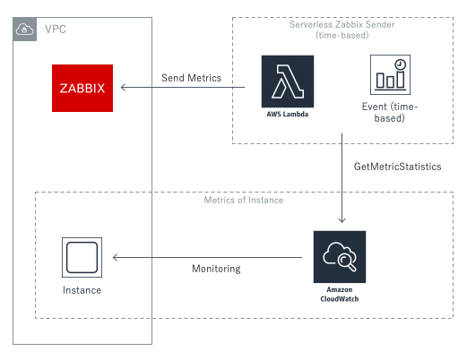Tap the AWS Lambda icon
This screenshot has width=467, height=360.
click(x=288, y=81)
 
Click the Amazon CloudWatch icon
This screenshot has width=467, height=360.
click(x=340, y=256)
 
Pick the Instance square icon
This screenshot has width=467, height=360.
click(x=81, y=258)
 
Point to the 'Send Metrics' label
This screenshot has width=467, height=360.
click(x=191, y=79)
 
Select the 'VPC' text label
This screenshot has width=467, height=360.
click(x=55, y=30)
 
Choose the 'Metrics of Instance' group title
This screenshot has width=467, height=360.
click(x=243, y=200)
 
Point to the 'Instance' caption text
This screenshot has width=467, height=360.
click(x=81, y=290)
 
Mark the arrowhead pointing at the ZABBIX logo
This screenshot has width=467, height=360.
click(x=125, y=87)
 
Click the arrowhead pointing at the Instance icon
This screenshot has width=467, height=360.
click(x=113, y=258)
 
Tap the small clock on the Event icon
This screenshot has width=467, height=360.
click(x=400, y=65)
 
